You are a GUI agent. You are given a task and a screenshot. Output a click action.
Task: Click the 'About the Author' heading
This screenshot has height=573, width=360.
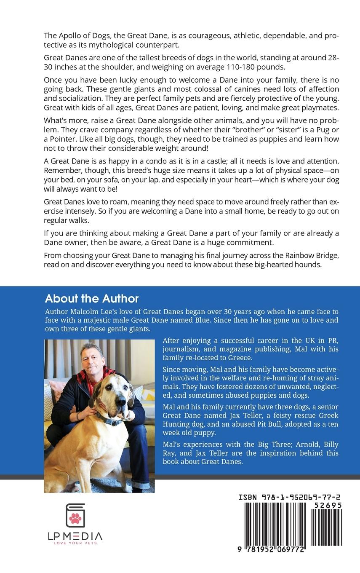pyautogui.click(x=92, y=299)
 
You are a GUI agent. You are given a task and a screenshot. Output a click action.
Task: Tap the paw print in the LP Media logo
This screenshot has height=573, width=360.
pyautogui.click(x=76, y=518)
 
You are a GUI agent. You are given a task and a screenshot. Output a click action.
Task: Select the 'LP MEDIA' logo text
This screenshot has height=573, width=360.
pyautogui.click(x=75, y=536)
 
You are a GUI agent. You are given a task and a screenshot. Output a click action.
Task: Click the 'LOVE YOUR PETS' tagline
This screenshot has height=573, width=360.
pyautogui.click(x=75, y=544)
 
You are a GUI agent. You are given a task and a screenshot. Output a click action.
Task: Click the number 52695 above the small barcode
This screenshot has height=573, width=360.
pyautogui.click(x=326, y=505)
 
